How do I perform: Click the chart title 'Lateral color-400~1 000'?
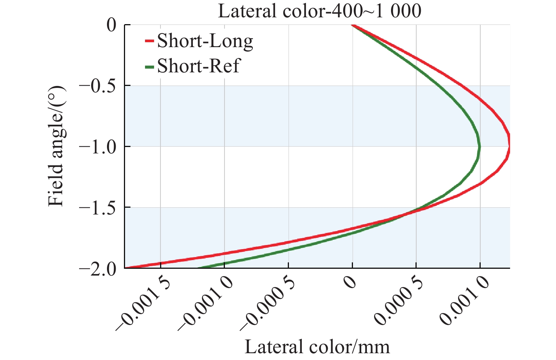319,11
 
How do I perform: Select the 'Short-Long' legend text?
205,41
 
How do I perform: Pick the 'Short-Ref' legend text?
198,66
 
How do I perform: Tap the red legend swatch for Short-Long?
150,40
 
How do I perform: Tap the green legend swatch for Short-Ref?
150,66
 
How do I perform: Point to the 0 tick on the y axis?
112,25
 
